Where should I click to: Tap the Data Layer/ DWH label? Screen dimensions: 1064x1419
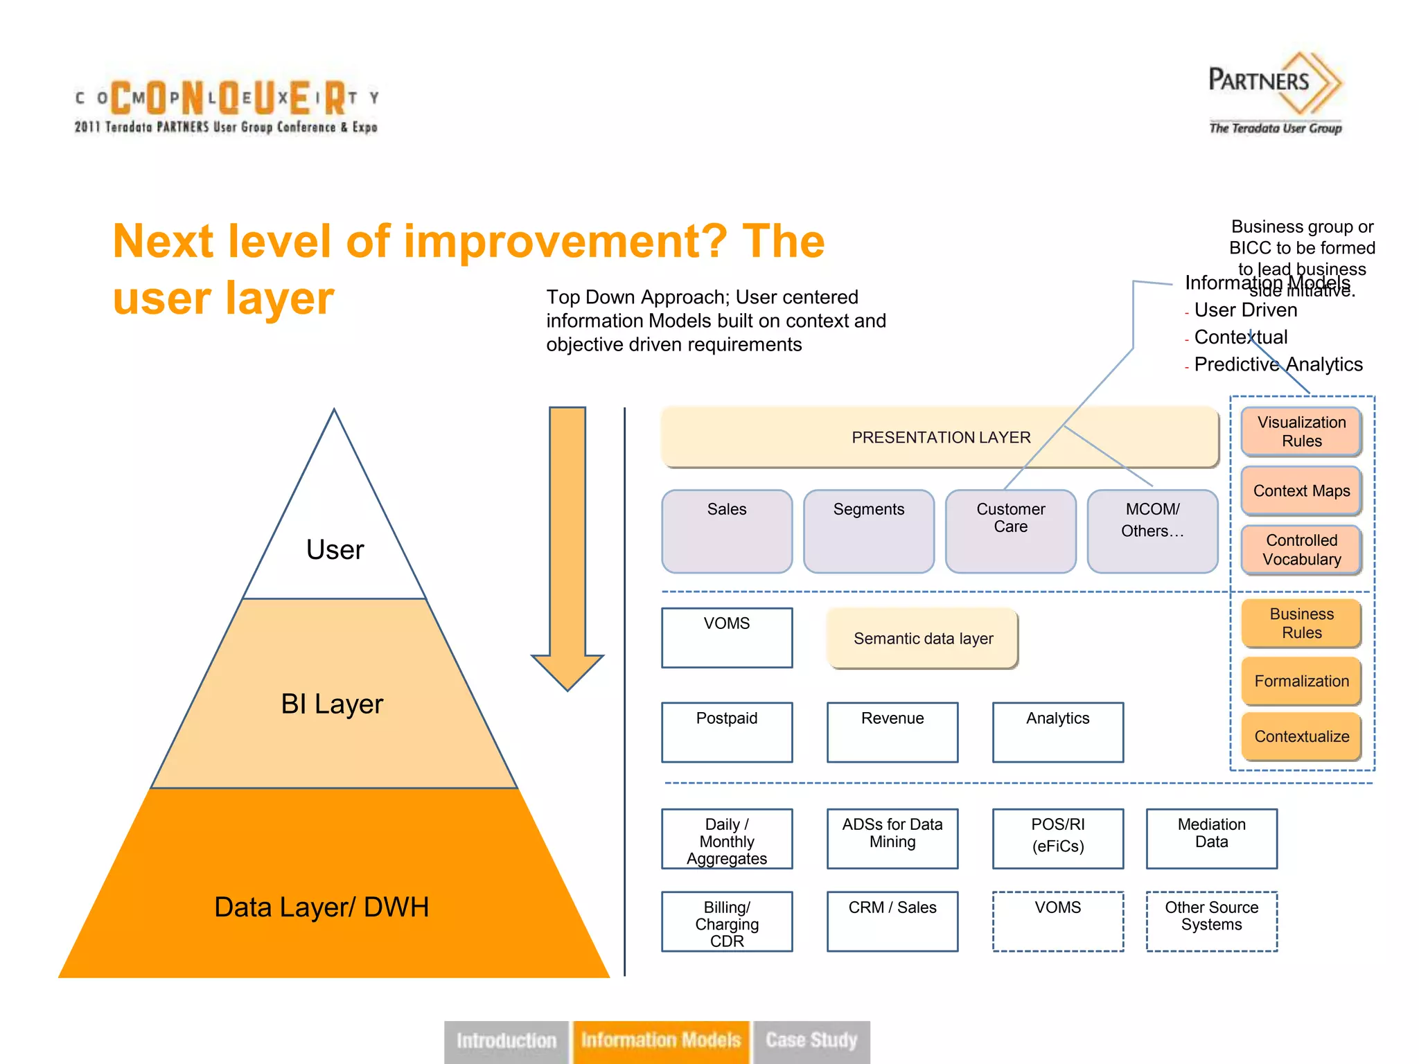(321, 907)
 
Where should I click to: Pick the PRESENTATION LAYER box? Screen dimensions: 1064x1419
(940, 437)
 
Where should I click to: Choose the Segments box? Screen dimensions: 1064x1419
(868, 531)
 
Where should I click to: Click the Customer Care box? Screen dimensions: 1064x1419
(1010, 531)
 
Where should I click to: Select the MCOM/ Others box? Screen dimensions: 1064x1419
(1152, 531)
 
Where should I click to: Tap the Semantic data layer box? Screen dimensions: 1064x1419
(923, 638)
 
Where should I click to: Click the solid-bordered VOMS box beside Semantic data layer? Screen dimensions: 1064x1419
(726, 637)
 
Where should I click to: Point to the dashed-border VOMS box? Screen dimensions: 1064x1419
(1057, 921)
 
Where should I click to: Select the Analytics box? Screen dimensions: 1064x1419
(1057, 731)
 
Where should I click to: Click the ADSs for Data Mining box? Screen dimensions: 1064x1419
(892, 838)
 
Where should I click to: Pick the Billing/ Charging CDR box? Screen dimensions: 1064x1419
(726, 921)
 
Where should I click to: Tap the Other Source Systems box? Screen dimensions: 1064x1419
(1211, 921)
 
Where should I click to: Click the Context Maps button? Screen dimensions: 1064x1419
(1301, 490)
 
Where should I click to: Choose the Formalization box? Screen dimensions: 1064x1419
(1301, 681)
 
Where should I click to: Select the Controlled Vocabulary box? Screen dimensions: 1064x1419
(1301, 549)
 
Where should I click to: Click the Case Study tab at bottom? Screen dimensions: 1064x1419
(811, 1040)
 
